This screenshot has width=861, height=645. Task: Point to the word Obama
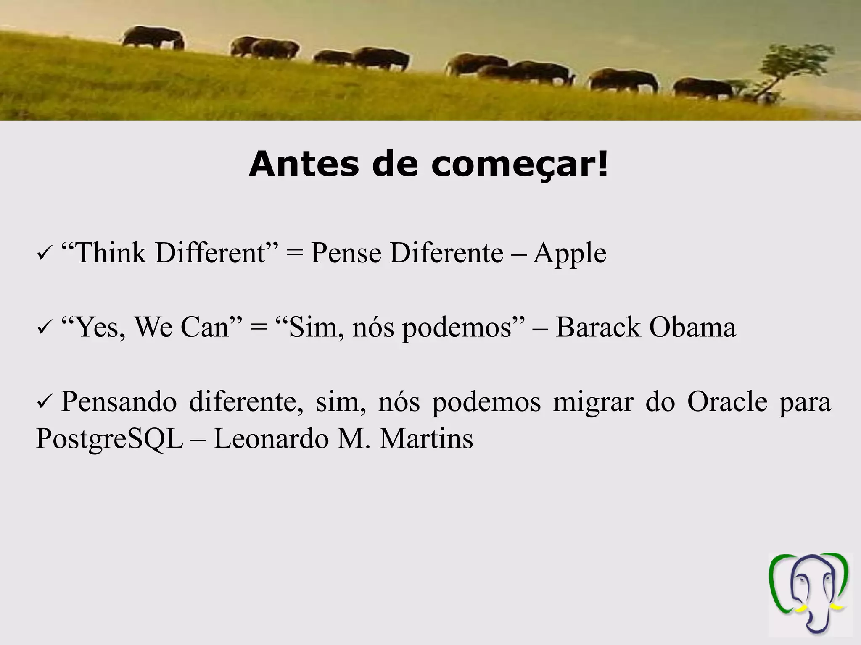click(692, 328)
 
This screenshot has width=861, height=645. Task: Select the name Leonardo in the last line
click(271, 439)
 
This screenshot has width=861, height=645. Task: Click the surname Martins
click(426, 439)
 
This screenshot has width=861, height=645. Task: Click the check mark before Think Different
click(44, 255)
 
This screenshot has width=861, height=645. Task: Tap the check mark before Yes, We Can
click(44, 329)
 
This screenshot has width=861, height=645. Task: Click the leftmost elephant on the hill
click(153, 38)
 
